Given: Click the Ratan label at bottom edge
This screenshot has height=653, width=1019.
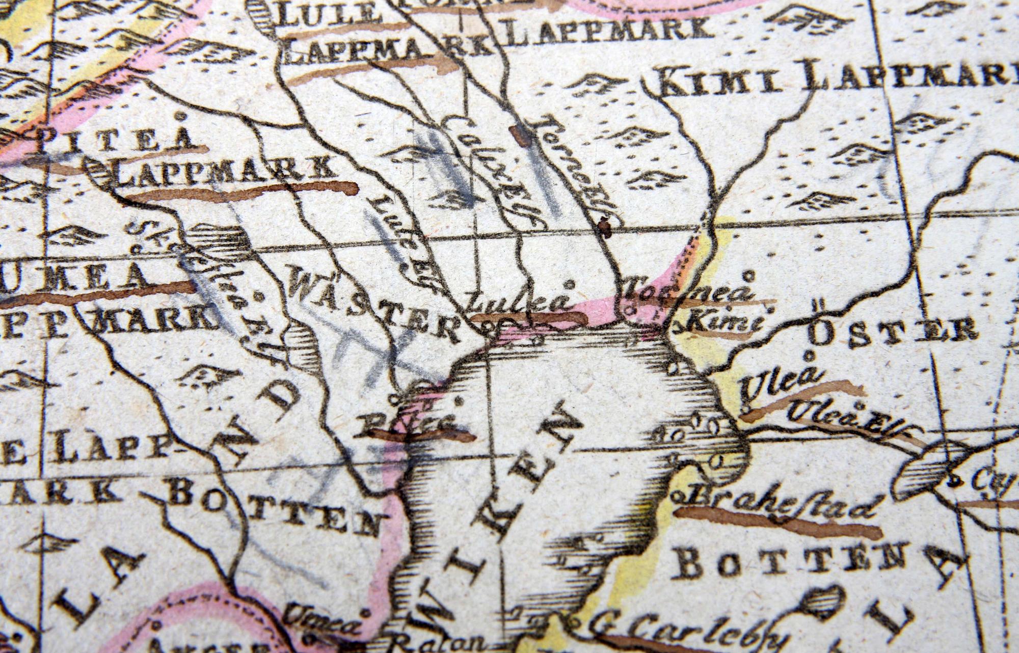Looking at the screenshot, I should pyautogui.click(x=438, y=643).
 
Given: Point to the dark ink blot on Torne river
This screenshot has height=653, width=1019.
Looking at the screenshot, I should pyautogui.click(x=604, y=227).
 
